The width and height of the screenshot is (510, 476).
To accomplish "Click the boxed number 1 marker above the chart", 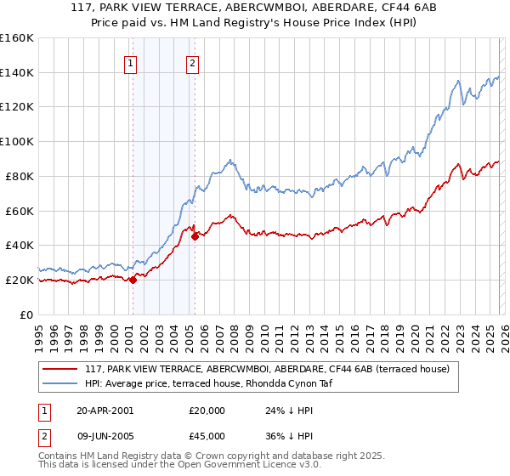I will pyautogui.click(x=132, y=63).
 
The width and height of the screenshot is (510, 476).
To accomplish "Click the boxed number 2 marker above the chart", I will pyautogui.click(x=193, y=63).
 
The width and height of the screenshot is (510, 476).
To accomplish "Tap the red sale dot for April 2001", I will pyautogui.click(x=133, y=280).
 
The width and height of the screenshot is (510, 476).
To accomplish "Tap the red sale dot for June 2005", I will pyautogui.click(x=195, y=236).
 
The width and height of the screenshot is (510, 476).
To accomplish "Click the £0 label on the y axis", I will pyautogui.click(x=25, y=314).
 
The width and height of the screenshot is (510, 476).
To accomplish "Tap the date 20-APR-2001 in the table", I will pyautogui.click(x=105, y=410).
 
